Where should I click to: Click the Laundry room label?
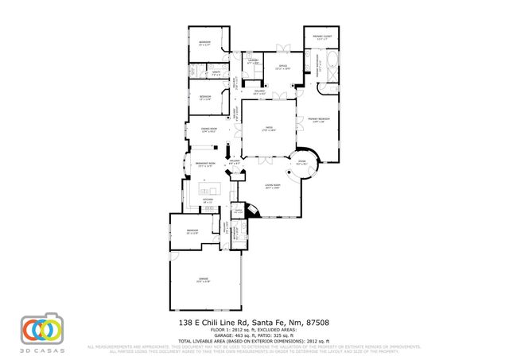pos(253,61)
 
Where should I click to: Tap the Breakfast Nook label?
pos(205,165)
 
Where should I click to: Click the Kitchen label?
pos(207,200)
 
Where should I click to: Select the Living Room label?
pos(272,188)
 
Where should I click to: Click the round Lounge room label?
pos(302,163)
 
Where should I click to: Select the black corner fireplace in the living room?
pos(252,211)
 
